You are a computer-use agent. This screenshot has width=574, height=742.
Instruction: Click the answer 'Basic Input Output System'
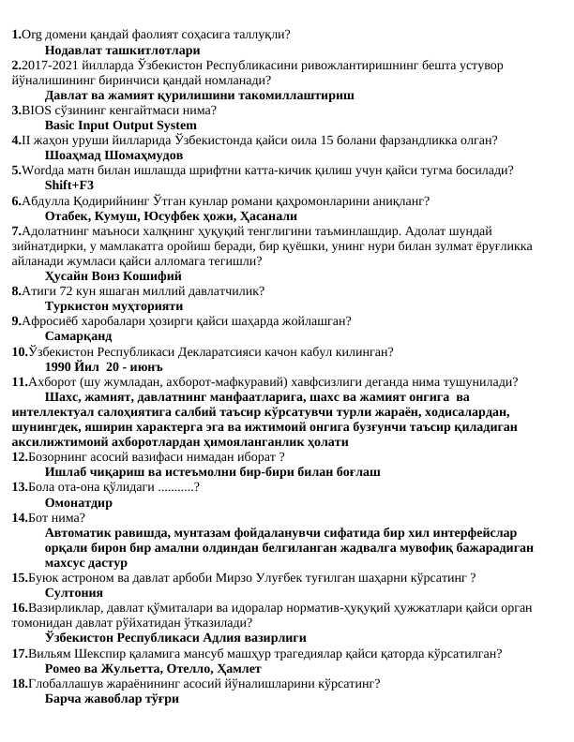(x=120, y=125)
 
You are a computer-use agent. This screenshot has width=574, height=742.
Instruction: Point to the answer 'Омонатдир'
(x=79, y=502)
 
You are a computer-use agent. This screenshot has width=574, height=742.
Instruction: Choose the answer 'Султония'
(x=74, y=593)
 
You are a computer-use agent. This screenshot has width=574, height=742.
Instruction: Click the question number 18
(x=19, y=684)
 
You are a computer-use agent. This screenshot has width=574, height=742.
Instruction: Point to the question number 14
(x=19, y=517)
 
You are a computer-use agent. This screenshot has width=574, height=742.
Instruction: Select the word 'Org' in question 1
(x=30, y=35)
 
